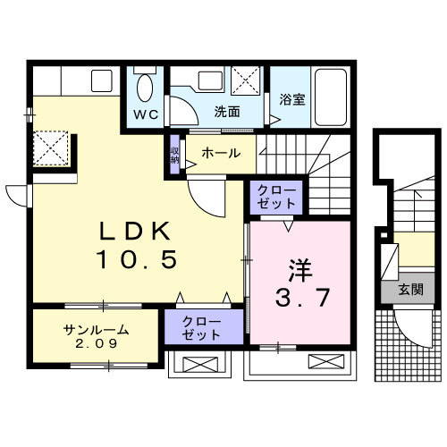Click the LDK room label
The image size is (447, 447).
[x=134, y=231]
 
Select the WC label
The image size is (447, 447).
[x=146, y=114]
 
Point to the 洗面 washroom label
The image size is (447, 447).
[x=227, y=113]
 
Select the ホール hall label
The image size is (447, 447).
[x=221, y=153]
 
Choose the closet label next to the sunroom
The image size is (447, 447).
[x=202, y=328]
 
